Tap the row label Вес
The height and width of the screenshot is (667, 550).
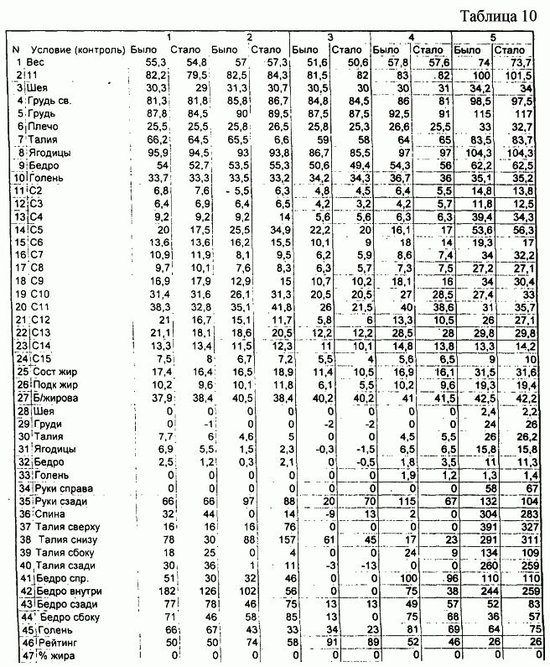click(35, 63)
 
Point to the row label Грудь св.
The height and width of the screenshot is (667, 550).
click(48, 100)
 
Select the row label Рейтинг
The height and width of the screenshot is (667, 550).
click(54, 641)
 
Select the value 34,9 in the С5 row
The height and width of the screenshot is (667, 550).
click(269, 229)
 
